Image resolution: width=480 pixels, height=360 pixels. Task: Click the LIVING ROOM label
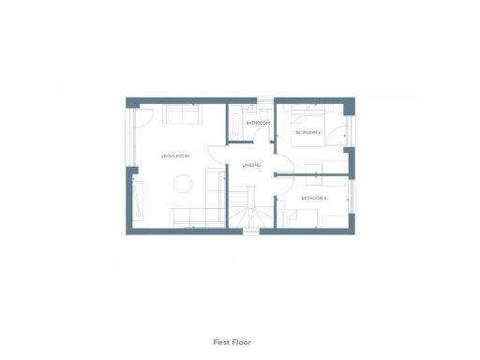coord(176,156)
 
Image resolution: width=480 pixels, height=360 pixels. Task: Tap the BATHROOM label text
coord(258,123)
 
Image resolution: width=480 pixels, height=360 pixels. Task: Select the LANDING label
coord(251,165)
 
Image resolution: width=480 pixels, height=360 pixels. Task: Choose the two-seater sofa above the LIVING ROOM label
coord(182,114)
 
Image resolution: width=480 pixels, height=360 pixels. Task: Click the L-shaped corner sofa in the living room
coord(202,210)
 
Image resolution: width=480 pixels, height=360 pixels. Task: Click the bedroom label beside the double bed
coord(308,133)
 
